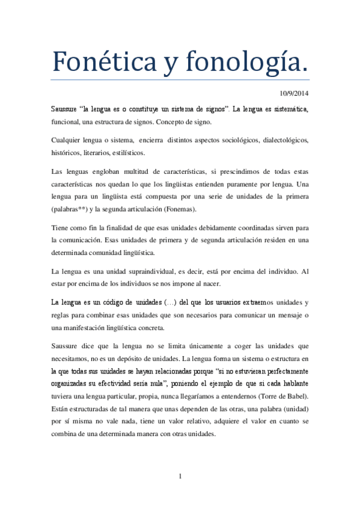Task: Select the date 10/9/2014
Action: (294, 93)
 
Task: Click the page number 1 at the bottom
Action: (180, 476)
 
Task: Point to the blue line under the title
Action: (180, 79)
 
